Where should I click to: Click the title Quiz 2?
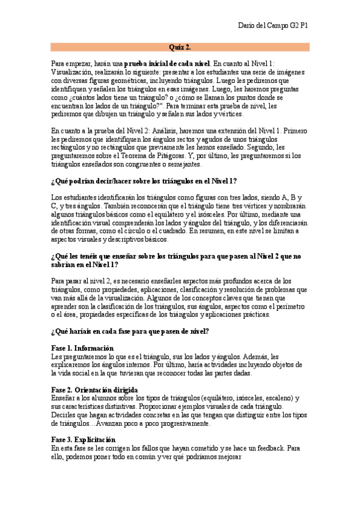(x=180, y=47)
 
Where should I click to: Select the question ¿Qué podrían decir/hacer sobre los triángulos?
(x=144, y=181)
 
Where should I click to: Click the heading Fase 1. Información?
(x=82, y=348)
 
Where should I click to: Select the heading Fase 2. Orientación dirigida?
(x=94, y=390)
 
